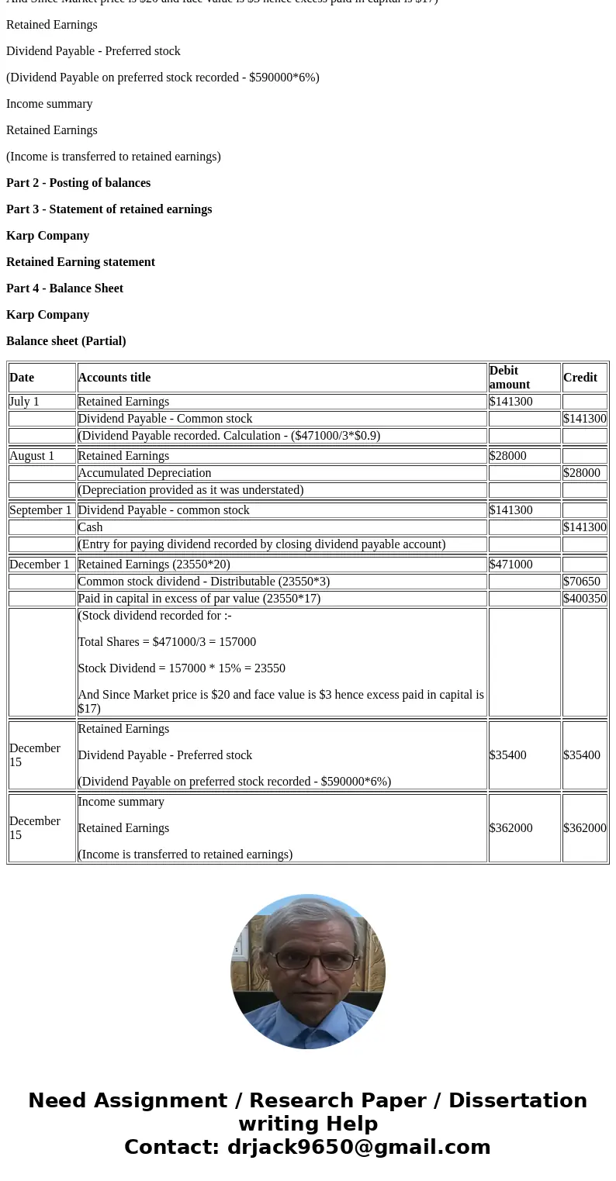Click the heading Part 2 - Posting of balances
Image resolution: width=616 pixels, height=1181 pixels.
tap(78, 183)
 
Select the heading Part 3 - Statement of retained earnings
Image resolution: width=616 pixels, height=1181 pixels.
tap(109, 209)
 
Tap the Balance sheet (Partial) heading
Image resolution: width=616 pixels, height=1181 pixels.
tap(66, 341)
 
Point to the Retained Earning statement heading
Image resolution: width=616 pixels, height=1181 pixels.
tap(81, 262)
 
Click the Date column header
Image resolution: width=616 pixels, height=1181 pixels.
tap(22, 378)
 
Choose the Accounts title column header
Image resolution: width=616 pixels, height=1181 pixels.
tap(114, 378)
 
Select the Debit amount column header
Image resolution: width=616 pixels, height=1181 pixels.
tap(510, 378)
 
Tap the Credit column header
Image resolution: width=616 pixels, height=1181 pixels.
tap(580, 378)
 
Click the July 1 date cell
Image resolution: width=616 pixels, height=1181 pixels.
tap(24, 402)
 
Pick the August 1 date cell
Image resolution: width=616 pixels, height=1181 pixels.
tap(32, 456)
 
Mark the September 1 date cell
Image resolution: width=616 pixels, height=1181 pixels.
tap(40, 510)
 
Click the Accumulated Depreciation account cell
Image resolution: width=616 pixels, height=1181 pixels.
tap(144, 473)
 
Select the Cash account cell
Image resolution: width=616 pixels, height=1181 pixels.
tap(90, 527)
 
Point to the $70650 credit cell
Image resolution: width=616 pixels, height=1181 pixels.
tap(581, 582)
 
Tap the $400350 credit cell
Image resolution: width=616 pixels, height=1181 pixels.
tap(584, 599)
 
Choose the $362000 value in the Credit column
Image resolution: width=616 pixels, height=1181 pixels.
tap(584, 828)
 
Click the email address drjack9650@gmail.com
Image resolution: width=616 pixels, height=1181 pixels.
tap(358, 1148)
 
